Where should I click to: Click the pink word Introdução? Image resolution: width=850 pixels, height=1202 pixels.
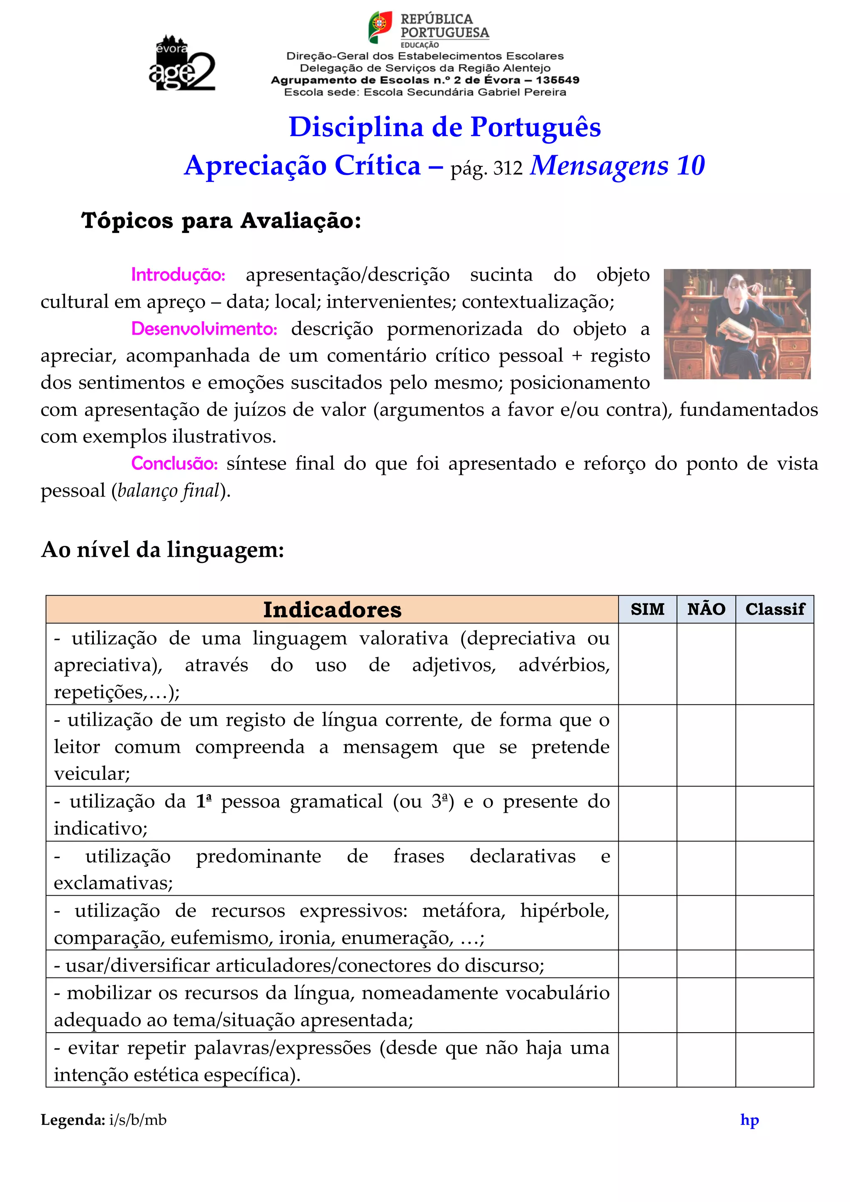click(178, 275)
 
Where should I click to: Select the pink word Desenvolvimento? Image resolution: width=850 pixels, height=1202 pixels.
click(204, 329)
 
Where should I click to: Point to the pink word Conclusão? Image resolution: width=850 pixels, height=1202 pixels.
click(174, 463)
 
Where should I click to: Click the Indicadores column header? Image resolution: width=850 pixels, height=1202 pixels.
click(332, 609)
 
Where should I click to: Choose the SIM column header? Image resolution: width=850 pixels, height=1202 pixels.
click(647, 609)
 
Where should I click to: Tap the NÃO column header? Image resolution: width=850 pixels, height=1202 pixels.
click(706, 609)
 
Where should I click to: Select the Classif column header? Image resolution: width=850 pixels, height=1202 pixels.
click(774, 609)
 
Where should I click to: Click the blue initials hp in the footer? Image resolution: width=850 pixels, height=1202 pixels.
click(750, 1120)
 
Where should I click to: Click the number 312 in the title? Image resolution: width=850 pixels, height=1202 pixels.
click(508, 168)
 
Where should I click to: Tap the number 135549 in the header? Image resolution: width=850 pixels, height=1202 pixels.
click(557, 80)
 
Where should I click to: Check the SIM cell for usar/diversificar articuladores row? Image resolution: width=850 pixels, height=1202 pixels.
click(647, 964)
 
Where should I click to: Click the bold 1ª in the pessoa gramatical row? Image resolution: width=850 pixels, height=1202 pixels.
click(204, 801)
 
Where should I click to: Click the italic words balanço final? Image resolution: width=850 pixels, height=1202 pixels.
click(169, 491)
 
